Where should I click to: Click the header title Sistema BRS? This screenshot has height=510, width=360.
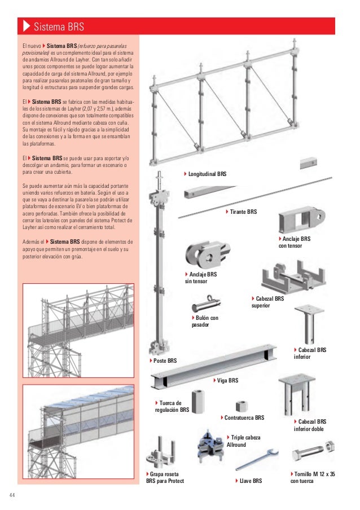(x=58, y=27)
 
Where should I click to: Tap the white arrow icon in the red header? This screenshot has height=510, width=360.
(x=26, y=27)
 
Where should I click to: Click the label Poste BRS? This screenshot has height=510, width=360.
(x=163, y=360)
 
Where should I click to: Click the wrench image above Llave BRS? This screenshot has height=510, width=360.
(x=255, y=459)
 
